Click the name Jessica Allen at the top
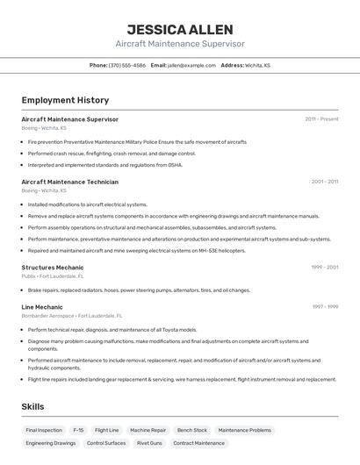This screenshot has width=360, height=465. tap(179, 29)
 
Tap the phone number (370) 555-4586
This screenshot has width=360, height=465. tap(127, 65)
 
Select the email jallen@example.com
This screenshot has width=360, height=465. tap(191, 65)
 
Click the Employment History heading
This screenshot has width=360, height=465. tap(65, 100)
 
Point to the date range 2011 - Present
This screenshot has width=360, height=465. tap(321, 119)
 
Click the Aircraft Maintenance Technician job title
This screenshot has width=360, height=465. tap(69, 182)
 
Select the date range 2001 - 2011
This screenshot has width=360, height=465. tap(324, 182)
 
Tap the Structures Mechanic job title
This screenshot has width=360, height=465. tap(53, 267)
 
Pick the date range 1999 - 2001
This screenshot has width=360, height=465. tap(324, 267)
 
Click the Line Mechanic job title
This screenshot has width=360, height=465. tap(42, 307)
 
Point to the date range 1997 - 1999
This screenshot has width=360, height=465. tap(324, 307)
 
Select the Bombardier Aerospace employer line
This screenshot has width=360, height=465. tap(72, 316)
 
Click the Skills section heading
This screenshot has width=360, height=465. tap(32, 407)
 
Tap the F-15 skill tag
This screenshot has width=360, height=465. tap(78, 431)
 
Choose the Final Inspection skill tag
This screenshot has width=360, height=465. tap(44, 431)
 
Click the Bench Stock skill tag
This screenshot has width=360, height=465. tap(192, 431)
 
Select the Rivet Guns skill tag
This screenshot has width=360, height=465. tap(149, 444)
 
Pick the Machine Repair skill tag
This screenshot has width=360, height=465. tap(148, 431)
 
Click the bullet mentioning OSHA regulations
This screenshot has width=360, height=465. tap(105, 165)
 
